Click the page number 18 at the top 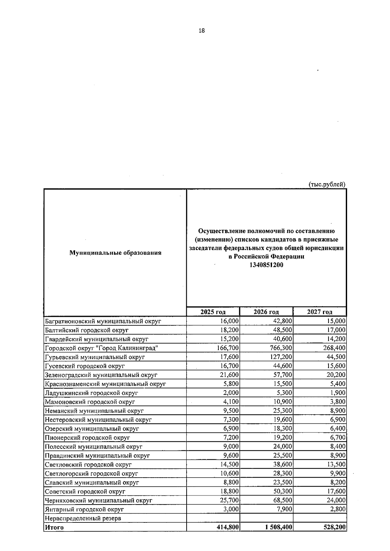coord(201,31)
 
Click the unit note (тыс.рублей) coord(327,184)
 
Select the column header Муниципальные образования coord(115,253)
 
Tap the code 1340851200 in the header coord(266,265)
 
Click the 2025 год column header coord(213,312)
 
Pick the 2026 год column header coord(266,312)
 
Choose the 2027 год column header coord(319,312)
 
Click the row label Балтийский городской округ coord(87,330)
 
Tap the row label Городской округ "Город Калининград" coord(102,348)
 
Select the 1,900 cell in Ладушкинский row coord(338,393)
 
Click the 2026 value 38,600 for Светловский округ coord(283,464)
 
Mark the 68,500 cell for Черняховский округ coord(283,500)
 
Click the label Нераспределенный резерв coord(83,518)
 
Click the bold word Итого coord(54,527)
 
